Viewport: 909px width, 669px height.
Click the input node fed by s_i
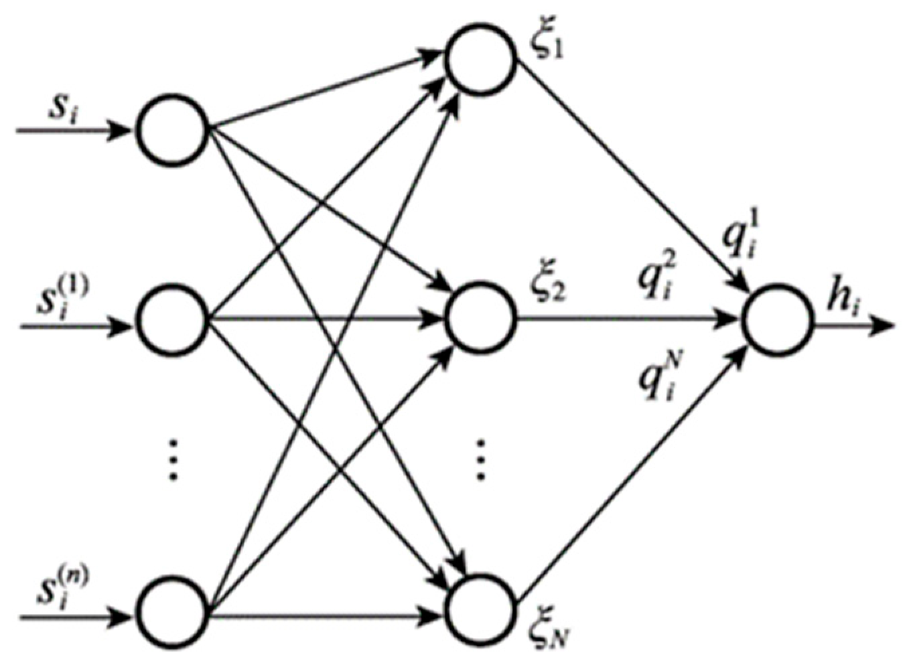pos(173,131)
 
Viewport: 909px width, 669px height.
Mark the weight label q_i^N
pos(658,380)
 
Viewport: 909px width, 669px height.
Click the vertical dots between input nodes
pos(173,459)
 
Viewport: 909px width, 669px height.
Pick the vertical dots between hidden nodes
pos(480,459)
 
